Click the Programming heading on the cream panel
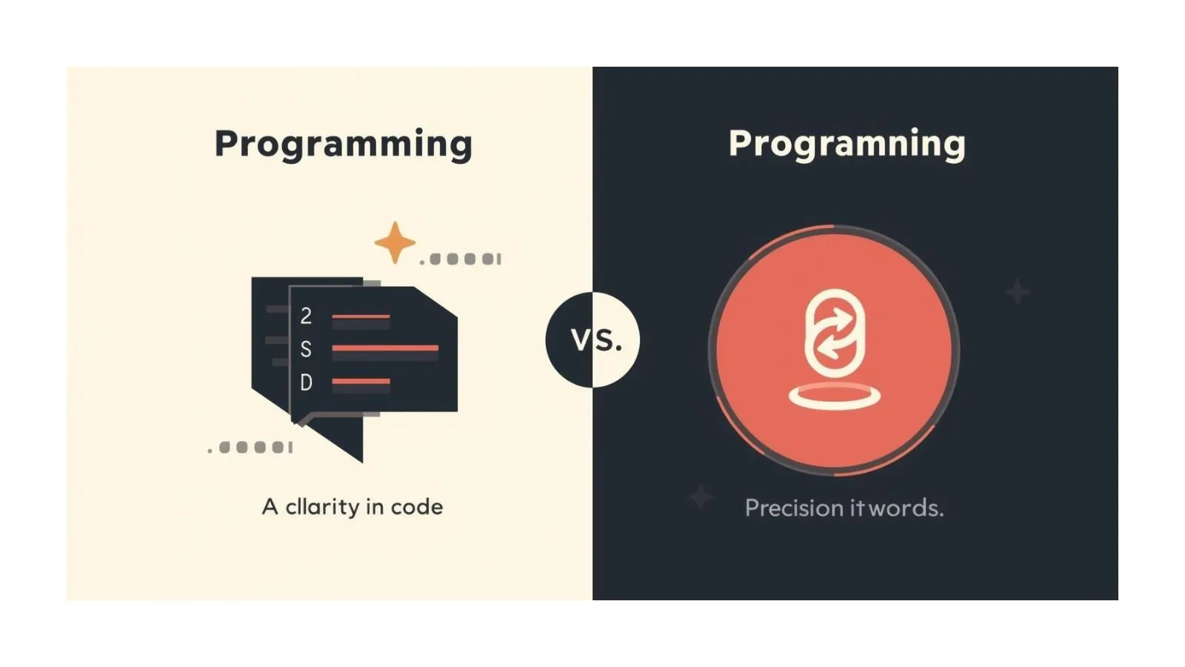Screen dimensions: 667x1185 click(343, 144)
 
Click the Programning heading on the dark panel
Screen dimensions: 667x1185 click(847, 144)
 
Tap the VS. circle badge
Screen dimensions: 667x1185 click(592, 339)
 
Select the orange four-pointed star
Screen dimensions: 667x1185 click(394, 242)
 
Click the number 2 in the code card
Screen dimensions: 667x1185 click(306, 316)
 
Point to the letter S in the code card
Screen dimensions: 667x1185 click(306, 349)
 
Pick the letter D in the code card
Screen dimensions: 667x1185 click(306, 382)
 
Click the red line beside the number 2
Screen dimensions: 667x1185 click(361, 316)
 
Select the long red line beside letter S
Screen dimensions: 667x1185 click(385, 348)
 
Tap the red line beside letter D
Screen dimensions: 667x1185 click(361, 382)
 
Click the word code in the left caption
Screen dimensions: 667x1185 click(417, 507)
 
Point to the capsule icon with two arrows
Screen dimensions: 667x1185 click(835, 331)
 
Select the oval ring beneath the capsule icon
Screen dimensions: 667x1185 click(835, 396)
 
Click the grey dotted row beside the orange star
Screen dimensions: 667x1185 click(461, 259)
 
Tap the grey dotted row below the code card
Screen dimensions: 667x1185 click(251, 448)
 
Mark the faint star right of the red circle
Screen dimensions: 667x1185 click(1018, 291)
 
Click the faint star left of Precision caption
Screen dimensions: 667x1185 click(701, 497)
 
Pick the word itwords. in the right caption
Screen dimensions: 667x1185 click(896, 508)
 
